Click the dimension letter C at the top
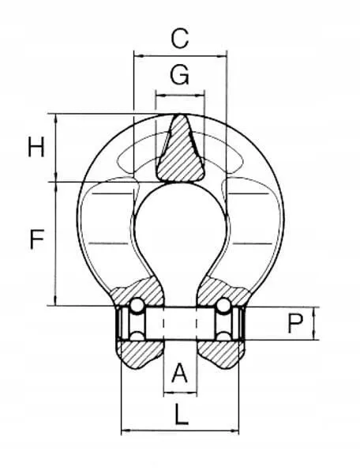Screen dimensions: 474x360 tap(180, 36)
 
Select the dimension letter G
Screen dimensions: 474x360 tap(180, 75)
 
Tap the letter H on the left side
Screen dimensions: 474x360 tap(36, 148)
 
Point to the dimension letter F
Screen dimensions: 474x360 tap(36, 240)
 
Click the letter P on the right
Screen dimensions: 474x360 tap(294, 324)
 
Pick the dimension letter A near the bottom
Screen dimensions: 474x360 tap(180, 371)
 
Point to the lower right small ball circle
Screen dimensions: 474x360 tap(224, 338)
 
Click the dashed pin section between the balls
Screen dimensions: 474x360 tap(180, 322)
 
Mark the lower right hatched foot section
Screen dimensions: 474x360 tap(219, 353)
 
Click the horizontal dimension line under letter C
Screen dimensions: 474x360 tap(180, 55)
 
